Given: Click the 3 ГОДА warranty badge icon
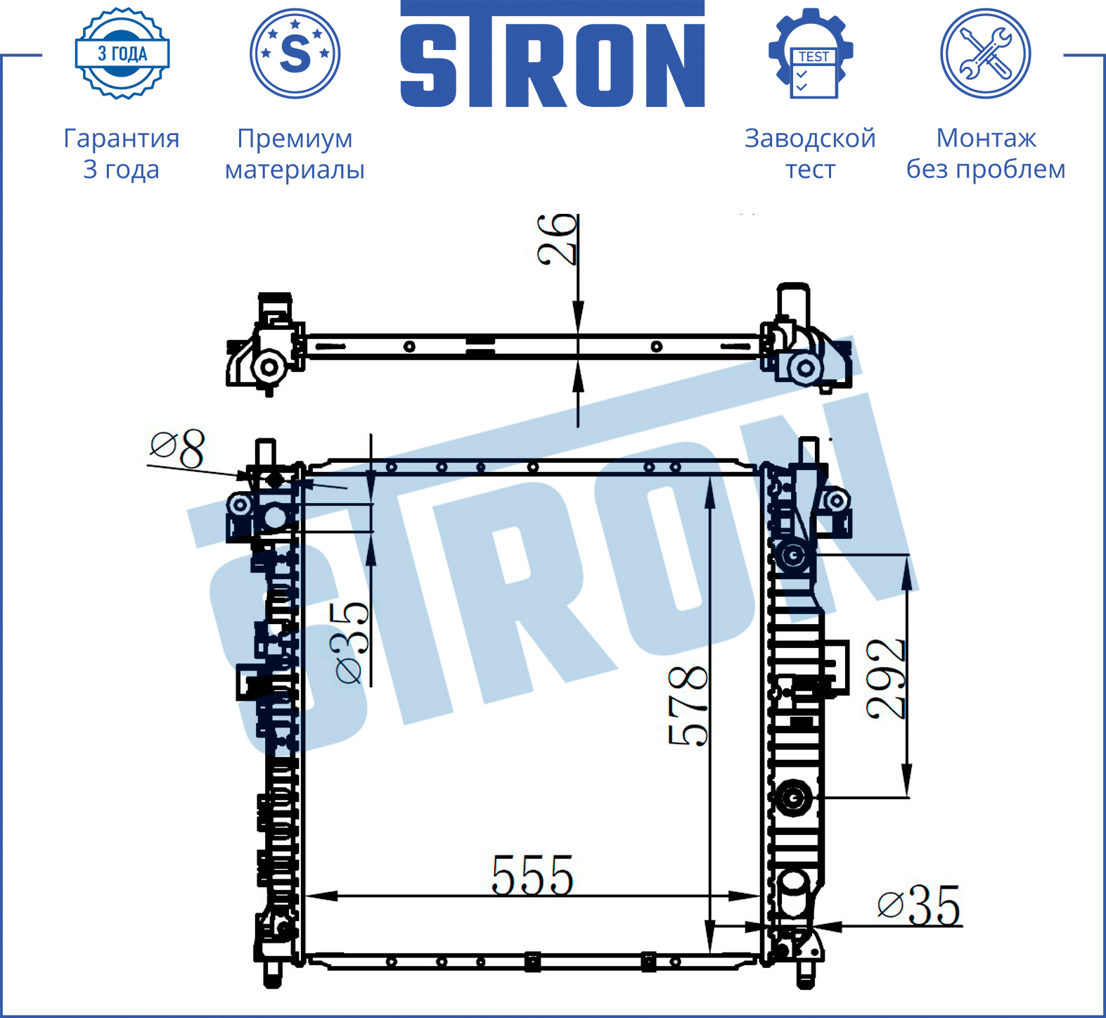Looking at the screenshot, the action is click(122, 53).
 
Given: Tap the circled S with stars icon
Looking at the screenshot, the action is click(295, 53).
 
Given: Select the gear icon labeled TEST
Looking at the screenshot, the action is click(811, 53).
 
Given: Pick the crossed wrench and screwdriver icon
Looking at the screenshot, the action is click(986, 53).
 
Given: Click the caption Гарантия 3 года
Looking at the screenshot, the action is click(122, 154).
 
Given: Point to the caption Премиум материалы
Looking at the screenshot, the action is click(295, 154).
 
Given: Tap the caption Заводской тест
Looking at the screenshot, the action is click(810, 154).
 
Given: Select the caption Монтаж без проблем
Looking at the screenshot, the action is click(986, 154).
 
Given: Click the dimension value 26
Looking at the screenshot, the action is click(558, 240).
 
